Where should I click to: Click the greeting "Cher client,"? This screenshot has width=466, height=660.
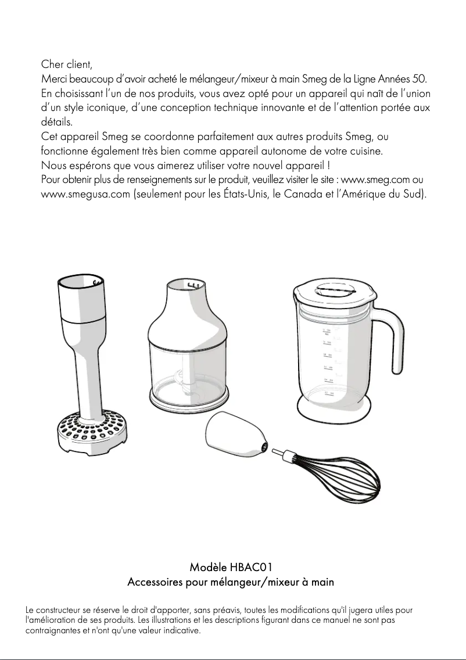[x=67, y=63]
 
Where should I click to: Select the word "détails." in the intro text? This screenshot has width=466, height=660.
[x=56, y=123]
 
